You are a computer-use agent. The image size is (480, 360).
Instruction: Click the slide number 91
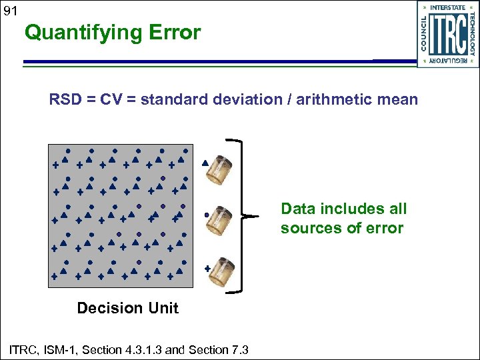(x=9, y=11)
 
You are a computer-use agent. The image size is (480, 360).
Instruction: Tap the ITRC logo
(x=448, y=34)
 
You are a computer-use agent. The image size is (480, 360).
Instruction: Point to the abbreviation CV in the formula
(x=112, y=100)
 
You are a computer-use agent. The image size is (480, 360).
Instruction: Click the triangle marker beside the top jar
(x=205, y=162)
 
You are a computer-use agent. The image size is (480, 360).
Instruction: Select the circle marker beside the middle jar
(x=207, y=215)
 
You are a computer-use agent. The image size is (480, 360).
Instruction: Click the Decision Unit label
(x=128, y=308)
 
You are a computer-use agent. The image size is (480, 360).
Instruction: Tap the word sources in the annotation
(x=312, y=229)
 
